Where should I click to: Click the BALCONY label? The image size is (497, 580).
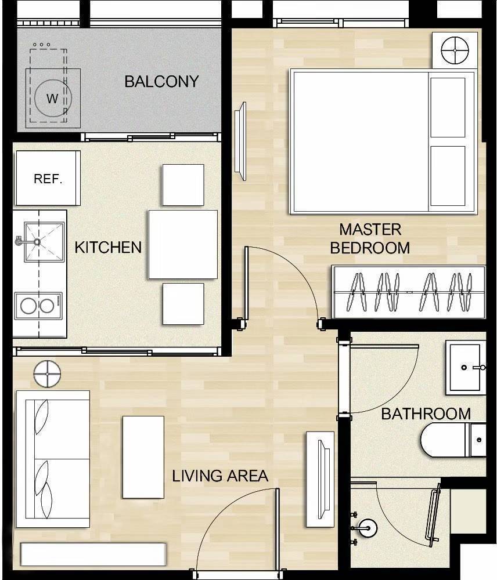161,81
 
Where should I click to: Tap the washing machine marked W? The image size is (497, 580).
52,98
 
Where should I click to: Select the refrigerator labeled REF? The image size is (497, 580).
48,178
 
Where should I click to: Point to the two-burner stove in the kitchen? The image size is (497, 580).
37,306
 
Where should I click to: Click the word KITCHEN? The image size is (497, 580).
108,247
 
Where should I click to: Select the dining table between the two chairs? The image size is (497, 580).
182,244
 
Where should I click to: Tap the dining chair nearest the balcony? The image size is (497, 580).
183,184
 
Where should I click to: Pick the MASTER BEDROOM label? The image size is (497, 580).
370,238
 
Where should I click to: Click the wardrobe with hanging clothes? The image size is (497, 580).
408,292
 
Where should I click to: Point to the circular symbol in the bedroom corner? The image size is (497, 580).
455,51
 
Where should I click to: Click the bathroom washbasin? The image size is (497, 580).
466,367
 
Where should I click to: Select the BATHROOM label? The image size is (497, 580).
426,414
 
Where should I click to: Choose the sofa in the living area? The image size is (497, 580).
52,458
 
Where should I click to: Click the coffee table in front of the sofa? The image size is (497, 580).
143,457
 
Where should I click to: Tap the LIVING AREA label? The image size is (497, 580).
220,476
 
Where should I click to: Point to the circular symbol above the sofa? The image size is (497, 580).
47,374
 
